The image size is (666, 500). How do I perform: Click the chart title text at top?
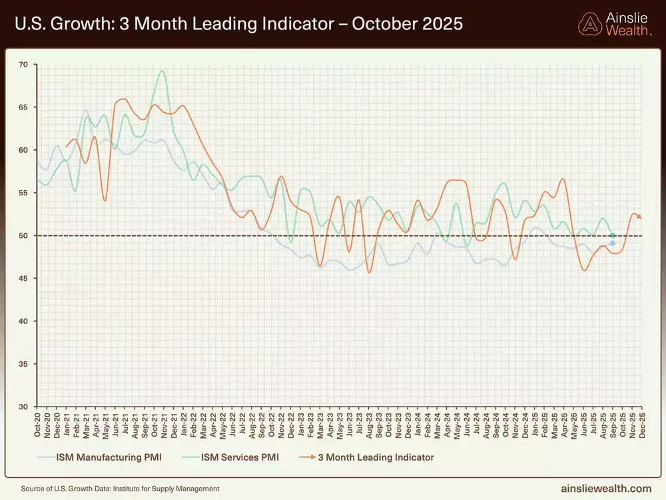237,24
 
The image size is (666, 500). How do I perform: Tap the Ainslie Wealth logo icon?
590,24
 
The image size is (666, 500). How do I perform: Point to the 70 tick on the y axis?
23,65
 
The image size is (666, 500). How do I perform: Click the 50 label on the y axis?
23,236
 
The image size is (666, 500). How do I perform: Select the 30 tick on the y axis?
23,407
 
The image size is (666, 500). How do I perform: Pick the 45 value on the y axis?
23,279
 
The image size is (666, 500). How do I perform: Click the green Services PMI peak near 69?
162,71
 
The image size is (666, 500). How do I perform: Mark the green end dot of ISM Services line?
612,235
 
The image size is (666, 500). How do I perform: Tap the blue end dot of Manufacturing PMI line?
612,243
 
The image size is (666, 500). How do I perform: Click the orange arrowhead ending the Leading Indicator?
640,217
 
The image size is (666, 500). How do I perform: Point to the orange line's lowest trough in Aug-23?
369,272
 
